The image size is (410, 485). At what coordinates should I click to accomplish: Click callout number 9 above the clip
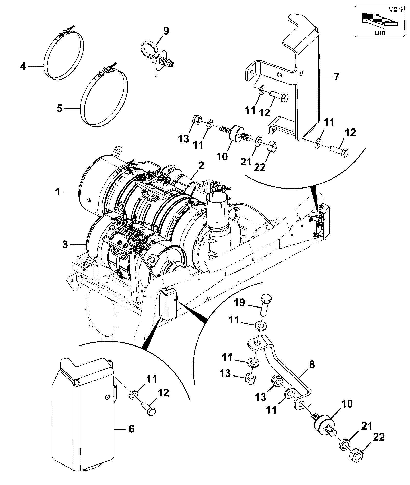pyautogui.click(x=166, y=31)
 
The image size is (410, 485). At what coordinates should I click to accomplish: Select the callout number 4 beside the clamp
pyautogui.click(x=23, y=66)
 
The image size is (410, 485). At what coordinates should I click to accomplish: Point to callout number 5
pyautogui.click(x=59, y=108)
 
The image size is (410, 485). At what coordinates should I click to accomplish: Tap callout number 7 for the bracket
pyautogui.click(x=337, y=76)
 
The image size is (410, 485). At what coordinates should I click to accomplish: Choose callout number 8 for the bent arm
pyautogui.click(x=312, y=365)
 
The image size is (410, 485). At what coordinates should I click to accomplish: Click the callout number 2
pyautogui.click(x=201, y=165)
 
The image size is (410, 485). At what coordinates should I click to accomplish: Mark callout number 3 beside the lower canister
pyautogui.click(x=65, y=244)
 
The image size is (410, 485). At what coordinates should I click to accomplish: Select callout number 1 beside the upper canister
pyautogui.click(x=58, y=192)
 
